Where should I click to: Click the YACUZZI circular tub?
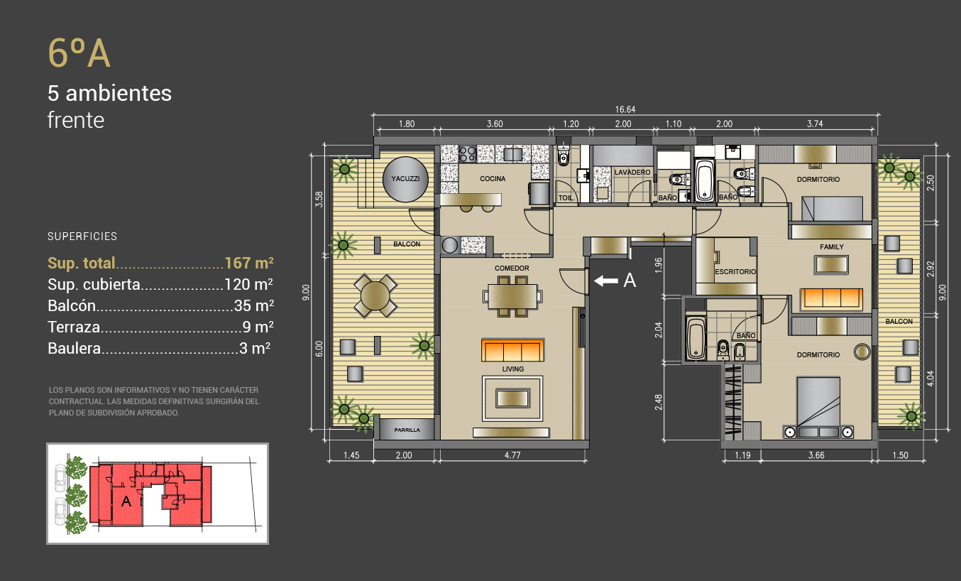pyautogui.click(x=405, y=179)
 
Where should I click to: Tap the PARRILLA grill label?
pyautogui.click(x=407, y=430)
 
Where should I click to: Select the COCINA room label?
pyautogui.click(x=493, y=179)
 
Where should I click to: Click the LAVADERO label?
pyautogui.click(x=632, y=172)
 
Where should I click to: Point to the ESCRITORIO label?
pyautogui.click(x=735, y=272)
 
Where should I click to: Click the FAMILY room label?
pyautogui.click(x=831, y=247)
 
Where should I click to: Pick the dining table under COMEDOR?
pyautogui.click(x=512, y=297)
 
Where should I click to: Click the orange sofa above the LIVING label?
pyautogui.click(x=512, y=350)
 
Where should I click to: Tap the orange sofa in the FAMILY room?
pyautogui.click(x=831, y=299)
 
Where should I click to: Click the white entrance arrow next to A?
pyautogui.click(x=606, y=281)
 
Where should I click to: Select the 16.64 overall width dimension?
pyautogui.click(x=625, y=109)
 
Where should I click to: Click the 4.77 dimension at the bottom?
pyautogui.click(x=512, y=455)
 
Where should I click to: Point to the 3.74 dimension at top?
pyautogui.click(x=815, y=124)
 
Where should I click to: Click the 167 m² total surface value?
pyautogui.click(x=249, y=263)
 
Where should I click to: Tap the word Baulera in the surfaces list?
pyautogui.click(x=75, y=348)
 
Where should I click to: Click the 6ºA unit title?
pyautogui.click(x=79, y=53)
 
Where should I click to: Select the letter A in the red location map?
pyautogui.click(x=126, y=501)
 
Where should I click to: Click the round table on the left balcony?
pyautogui.click(x=375, y=296)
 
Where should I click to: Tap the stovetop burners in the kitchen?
pyautogui.click(x=467, y=154)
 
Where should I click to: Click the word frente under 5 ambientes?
pyautogui.click(x=76, y=120)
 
